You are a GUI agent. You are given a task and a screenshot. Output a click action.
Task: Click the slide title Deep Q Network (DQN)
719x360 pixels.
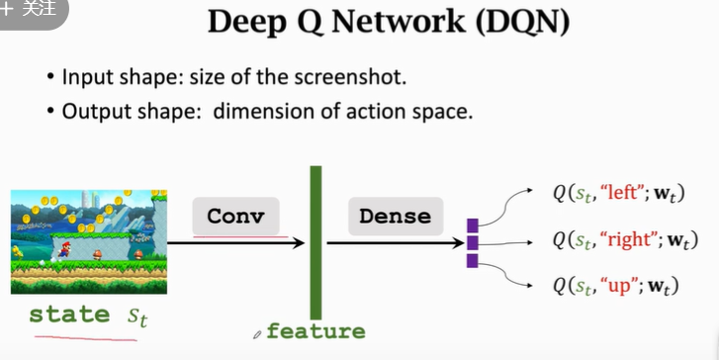pyautogui.click(x=389, y=22)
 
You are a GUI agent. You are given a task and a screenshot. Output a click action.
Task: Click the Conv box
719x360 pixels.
pyautogui.click(x=235, y=216)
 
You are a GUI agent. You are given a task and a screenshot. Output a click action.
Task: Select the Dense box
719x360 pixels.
pyautogui.click(x=396, y=216)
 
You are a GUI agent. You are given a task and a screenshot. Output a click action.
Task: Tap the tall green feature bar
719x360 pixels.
pyautogui.click(x=315, y=242)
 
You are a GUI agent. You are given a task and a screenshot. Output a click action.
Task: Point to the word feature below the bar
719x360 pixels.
pyautogui.click(x=315, y=331)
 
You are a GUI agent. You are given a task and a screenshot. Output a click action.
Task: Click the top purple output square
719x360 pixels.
pyautogui.click(x=473, y=225)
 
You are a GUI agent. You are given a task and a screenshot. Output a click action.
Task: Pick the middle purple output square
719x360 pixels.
pyautogui.click(x=473, y=243)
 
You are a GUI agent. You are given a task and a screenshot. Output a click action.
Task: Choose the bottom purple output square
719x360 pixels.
pyautogui.click(x=473, y=260)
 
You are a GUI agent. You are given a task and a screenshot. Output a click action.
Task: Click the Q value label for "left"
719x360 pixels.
pyautogui.click(x=618, y=194)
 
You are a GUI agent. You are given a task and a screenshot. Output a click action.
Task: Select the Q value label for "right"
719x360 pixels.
pyautogui.click(x=625, y=240)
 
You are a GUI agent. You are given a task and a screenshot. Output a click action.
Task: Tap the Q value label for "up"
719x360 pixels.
pyautogui.click(x=615, y=286)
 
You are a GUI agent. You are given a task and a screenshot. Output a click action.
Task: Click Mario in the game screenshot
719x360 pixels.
pyautogui.click(x=64, y=249)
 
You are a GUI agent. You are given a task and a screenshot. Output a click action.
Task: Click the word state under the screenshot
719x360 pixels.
pyautogui.click(x=69, y=315)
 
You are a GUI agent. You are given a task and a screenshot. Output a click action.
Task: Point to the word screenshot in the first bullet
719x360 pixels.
pyautogui.click(x=350, y=77)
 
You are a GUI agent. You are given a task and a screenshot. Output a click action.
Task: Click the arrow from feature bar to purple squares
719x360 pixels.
pyautogui.click(x=396, y=243)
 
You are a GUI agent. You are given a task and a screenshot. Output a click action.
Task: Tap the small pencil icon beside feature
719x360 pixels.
pyautogui.click(x=257, y=334)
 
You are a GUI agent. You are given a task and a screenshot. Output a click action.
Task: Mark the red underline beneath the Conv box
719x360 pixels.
pyautogui.click(x=240, y=237)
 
